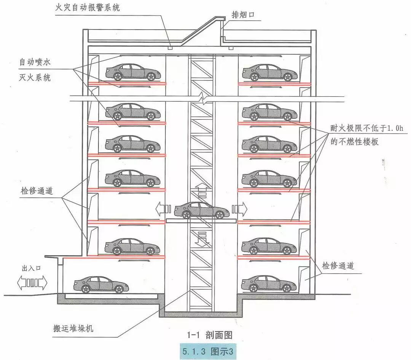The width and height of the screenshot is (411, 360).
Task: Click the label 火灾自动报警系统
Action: coord(87,7)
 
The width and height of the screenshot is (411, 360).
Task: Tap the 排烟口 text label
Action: coord(243,15)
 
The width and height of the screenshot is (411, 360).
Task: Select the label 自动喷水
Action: coord(35,62)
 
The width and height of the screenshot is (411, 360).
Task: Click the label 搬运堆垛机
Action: coord(73,328)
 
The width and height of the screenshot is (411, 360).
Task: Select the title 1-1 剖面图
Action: coord(209,335)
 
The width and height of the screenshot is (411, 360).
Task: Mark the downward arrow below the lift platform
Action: coord(202,238)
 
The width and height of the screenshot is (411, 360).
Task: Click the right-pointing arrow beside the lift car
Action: coord(240,209)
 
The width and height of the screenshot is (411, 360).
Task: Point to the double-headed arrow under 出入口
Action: coord(32,283)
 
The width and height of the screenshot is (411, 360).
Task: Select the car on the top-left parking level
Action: coord(132,72)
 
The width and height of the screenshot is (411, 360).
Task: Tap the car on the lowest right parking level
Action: coord(269,283)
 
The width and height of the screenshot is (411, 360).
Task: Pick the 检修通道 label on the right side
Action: coord(338,266)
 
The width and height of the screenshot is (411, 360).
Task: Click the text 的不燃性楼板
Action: coord(355,142)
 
